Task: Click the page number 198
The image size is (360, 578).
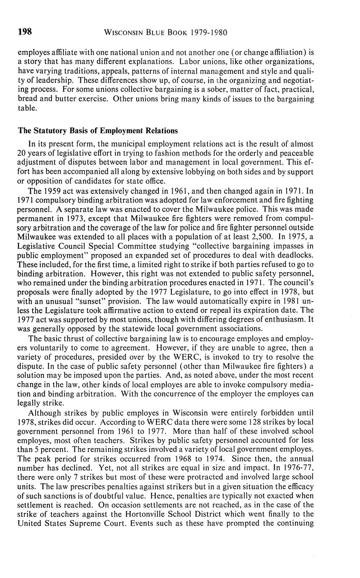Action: tap(25, 32)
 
